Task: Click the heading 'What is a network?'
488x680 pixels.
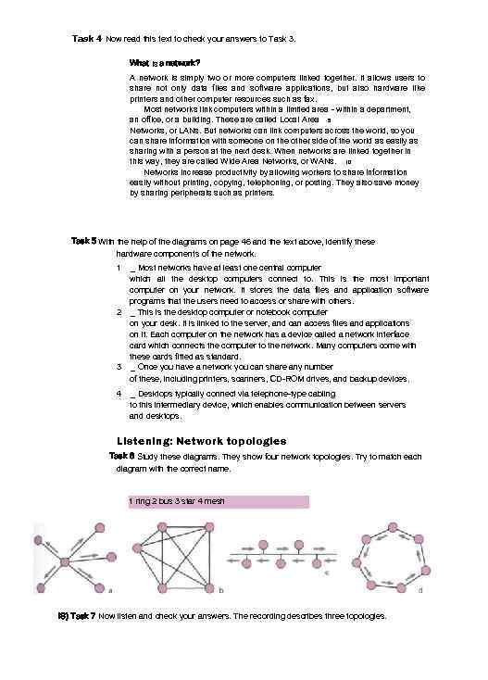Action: click(x=165, y=62)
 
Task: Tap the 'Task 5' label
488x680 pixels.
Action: click(x=83, y=241)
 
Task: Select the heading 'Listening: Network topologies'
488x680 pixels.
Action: click(x=201, y=440)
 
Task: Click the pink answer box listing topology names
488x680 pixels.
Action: click(x=218, y=501)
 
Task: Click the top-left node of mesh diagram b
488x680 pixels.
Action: click(x=143, y=535)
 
